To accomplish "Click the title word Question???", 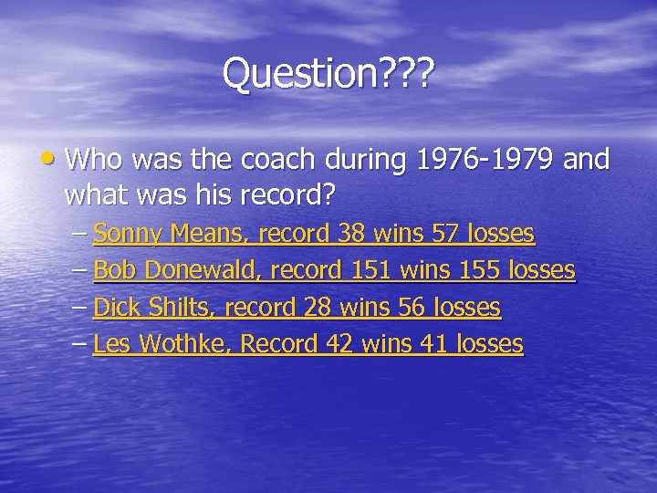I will click(x=328, y=75).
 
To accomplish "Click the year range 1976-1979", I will click(x=486, y=161).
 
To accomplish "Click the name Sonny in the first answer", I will click(x=127, y=235).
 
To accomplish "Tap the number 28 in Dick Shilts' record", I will click(x=318, y=308).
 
